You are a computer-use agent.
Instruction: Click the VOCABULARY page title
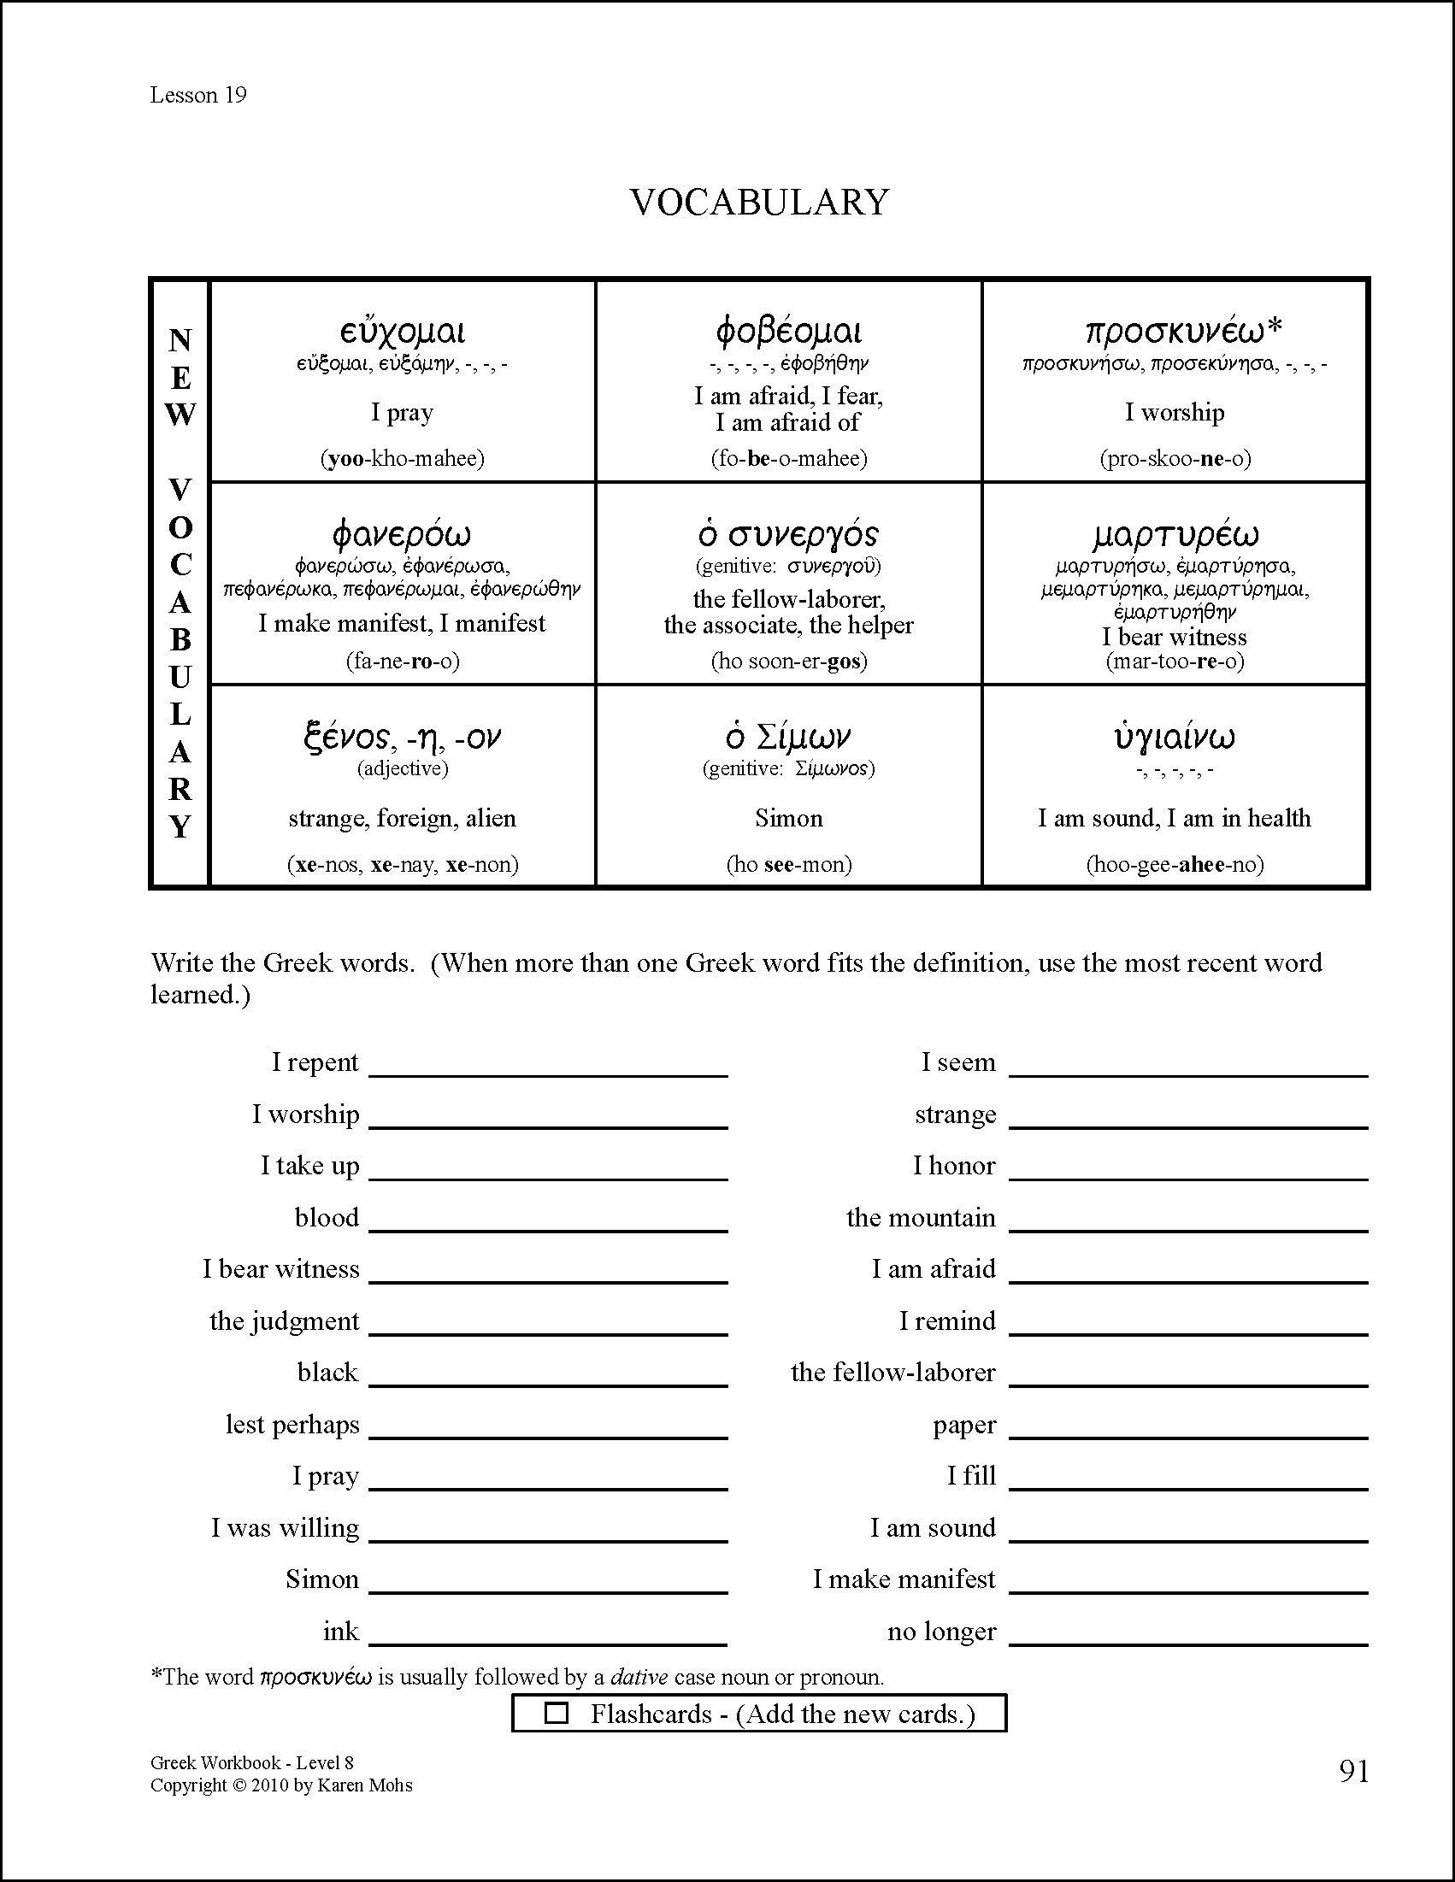pos(758,203)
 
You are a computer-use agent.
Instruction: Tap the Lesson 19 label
pos(198,95)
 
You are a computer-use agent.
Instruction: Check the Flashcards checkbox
pos(557,1713)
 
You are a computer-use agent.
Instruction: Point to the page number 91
pos(1354,1772)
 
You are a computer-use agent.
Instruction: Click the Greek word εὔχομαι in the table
pos(402,332)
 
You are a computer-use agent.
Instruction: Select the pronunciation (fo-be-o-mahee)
pos(789,458)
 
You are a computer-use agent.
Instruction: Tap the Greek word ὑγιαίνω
pos(1174,738)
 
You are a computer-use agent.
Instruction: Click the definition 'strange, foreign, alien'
pos(402,818)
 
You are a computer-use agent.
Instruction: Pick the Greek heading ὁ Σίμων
pos(789,738)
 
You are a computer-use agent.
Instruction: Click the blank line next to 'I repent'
pos(548,1068)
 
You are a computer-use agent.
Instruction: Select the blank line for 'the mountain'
pos(1187,1224)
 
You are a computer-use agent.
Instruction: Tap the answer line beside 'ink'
pos(548,1638)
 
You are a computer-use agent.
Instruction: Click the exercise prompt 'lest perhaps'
pos(292,1425)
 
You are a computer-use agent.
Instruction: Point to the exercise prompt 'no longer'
pos(941,1632)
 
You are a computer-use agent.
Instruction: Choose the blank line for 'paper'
pos(1187,1431)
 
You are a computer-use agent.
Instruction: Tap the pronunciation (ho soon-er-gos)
pos(789,661)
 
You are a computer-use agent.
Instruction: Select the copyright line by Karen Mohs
pos(281,1785)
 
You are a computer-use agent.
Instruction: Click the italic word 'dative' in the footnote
pos(639,1677)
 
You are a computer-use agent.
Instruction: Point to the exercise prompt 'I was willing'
pos(286,1528)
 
